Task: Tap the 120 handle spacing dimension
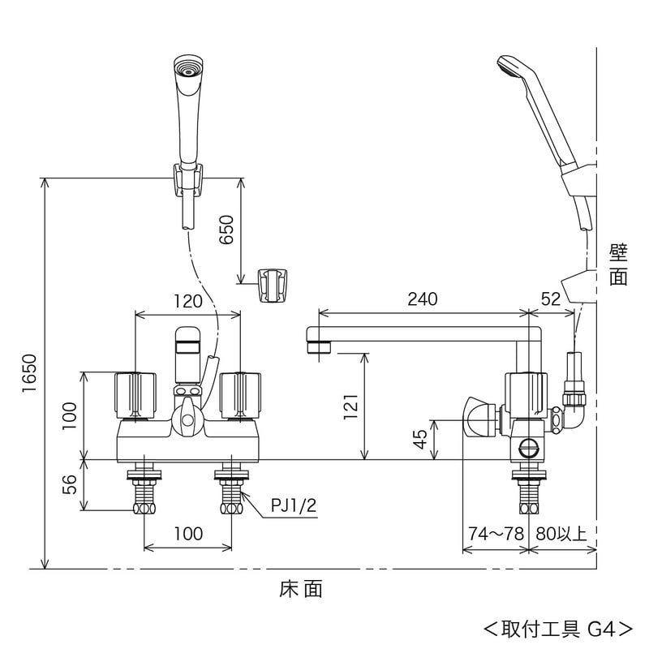[187, 301]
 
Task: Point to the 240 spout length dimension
[422, 299]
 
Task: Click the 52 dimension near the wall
[551, 299]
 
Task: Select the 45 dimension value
[420, 439]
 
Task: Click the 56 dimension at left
[70, 485]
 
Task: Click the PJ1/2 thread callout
[294, 505]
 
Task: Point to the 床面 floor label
[302, 590]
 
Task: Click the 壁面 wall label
[618, 264]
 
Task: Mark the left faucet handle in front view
[135, 393]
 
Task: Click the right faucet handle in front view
[239, 393]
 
